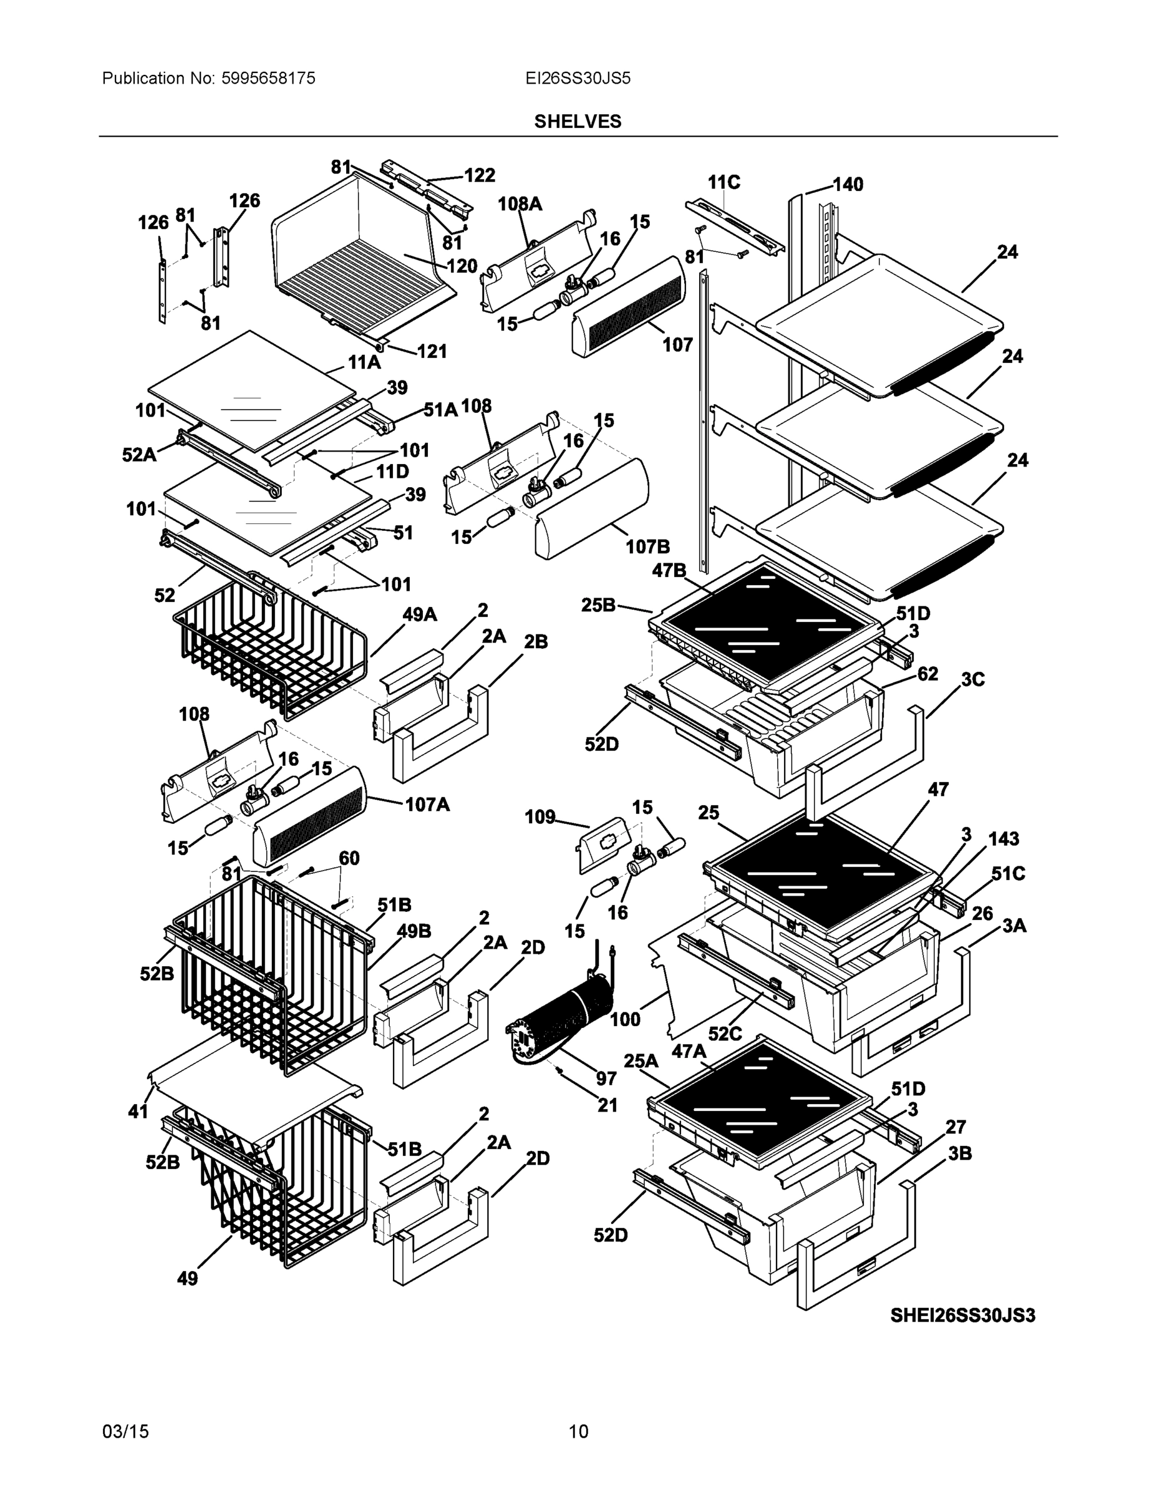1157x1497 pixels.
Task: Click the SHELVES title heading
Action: pyautogui.click(x=577, y=122)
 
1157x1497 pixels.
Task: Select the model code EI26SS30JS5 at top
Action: pyautogui.click(x=577, y=78)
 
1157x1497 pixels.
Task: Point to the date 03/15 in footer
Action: pyautogui.click(x=125, y=1432)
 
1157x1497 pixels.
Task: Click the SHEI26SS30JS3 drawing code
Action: pyautogui.click(x=962, y=1315)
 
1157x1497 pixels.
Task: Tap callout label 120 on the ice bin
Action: pyautogui.click(x=462, y=266)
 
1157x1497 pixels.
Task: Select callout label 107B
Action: pyautogui.click(x=647, y=546)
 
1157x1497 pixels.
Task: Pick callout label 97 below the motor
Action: pyautogui.click(x=606, y=1079)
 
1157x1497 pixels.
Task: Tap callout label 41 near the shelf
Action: pyautogui.click(x=138, y=1111)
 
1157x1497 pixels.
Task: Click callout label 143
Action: pyautogui.click(x=1004, y=838)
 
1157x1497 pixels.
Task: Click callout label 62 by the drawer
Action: pyautogui.click(x=927, y=674)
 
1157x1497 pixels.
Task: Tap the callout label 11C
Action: pyautogui.click(x=724, y=182)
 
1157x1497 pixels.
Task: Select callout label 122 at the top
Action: pyautogui.click(x=479, y=175)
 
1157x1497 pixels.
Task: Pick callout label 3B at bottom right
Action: pyautogui.click(x=960, y=1153)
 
